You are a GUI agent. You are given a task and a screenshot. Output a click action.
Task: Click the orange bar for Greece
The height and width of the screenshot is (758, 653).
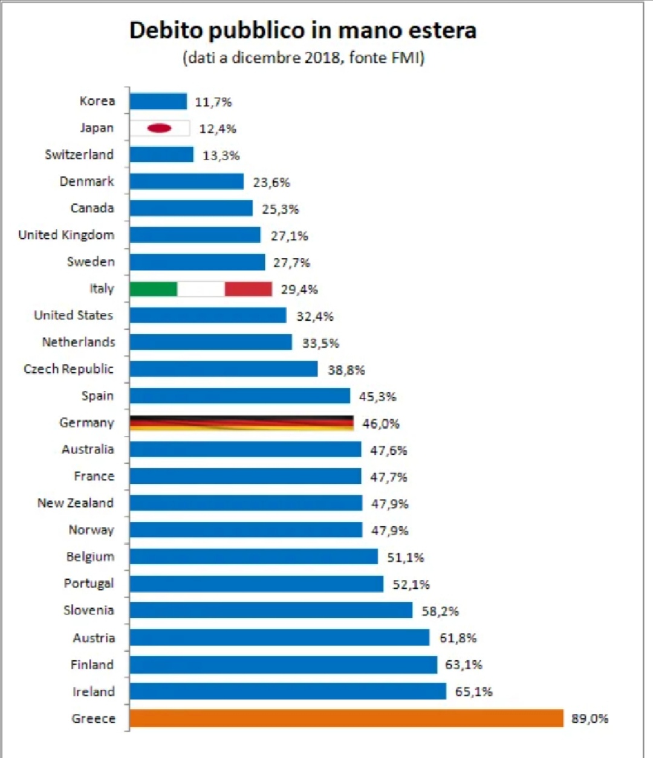pos(346,718)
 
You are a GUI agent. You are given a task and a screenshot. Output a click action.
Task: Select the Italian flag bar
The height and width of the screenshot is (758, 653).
pos(201,289)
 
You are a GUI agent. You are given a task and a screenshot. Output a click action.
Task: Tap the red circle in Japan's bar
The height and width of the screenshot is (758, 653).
pos(159,128)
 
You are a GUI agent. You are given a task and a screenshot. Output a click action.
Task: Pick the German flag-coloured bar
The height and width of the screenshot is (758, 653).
pos(241,423)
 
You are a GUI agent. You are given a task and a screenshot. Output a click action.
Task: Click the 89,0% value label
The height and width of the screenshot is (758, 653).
pos(590,719)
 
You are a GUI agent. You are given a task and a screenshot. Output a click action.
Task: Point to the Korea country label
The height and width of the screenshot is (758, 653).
pos(97,101)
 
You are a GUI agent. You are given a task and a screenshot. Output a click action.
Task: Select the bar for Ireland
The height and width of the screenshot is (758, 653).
pos(288,692)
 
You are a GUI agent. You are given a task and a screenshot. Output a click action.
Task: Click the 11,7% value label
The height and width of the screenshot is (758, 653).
pos(213,102)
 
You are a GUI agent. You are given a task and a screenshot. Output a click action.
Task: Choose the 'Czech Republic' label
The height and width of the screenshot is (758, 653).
pos(68,369)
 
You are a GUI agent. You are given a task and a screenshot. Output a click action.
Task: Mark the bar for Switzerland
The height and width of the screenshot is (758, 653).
pos(161,155)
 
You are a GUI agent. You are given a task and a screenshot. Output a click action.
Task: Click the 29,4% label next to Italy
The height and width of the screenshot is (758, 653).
pos(299,289)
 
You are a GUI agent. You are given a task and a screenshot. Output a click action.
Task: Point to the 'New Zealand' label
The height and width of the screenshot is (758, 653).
pos(76,503)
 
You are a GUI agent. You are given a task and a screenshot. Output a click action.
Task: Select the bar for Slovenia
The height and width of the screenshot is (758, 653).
pos(271,611)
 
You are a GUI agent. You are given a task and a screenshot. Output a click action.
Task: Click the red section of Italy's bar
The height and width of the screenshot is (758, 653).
pos(248,289)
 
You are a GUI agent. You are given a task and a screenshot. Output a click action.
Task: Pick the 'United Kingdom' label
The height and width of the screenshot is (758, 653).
pos(66,235)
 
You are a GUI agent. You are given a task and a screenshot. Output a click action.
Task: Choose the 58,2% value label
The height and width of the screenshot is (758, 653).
pos(440,611)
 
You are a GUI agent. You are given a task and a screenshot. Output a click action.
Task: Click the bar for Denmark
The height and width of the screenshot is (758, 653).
pos(186,181)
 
